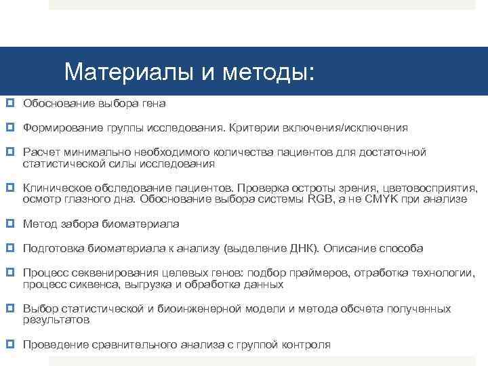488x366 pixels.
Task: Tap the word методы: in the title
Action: coord(272,71)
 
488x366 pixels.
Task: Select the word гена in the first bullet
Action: coord(154,104)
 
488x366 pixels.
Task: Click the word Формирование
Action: coord(62,128)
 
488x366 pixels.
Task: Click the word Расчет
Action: coord(41,152)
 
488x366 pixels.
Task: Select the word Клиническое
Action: coord(56,188)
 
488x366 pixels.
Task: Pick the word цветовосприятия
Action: coord(430,188)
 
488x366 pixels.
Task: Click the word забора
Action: coord(77,224)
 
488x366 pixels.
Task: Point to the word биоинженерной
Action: coord(203,309)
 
